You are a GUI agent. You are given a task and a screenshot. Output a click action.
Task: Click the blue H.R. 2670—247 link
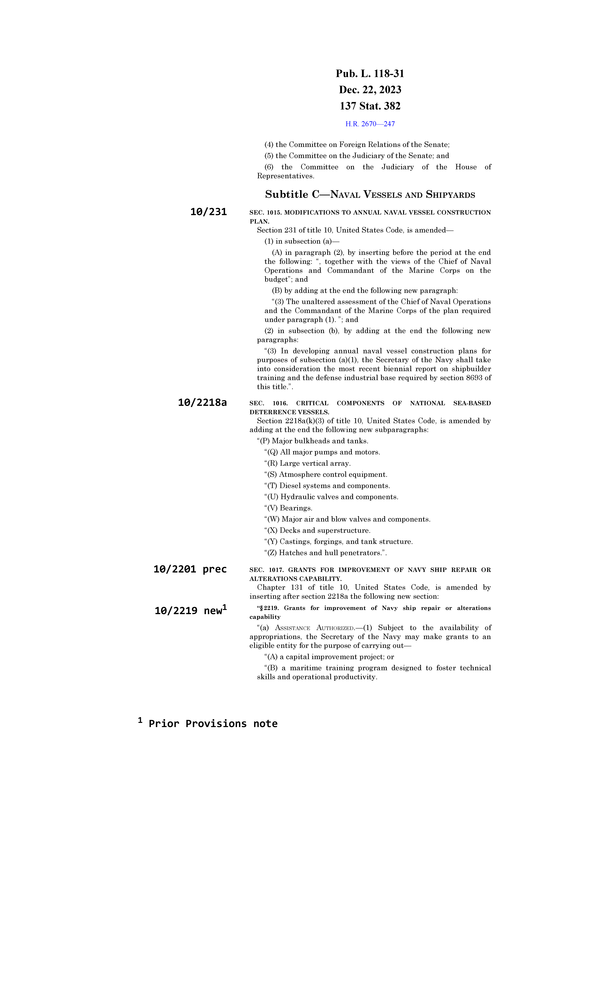click(370, 124)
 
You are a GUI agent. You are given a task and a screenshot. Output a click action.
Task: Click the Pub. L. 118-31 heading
click(370, 74)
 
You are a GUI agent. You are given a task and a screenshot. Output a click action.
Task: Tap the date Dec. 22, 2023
click(370, 90)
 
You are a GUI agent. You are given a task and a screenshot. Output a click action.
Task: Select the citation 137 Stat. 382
click(370, 106)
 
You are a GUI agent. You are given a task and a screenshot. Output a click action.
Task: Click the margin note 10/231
click(208, 212)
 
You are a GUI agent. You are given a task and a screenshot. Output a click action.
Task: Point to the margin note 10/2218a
click(202, 403)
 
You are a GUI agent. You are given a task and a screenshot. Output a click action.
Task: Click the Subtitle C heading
click(370, 195)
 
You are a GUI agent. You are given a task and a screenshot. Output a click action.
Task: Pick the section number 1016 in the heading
click(280, 403)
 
